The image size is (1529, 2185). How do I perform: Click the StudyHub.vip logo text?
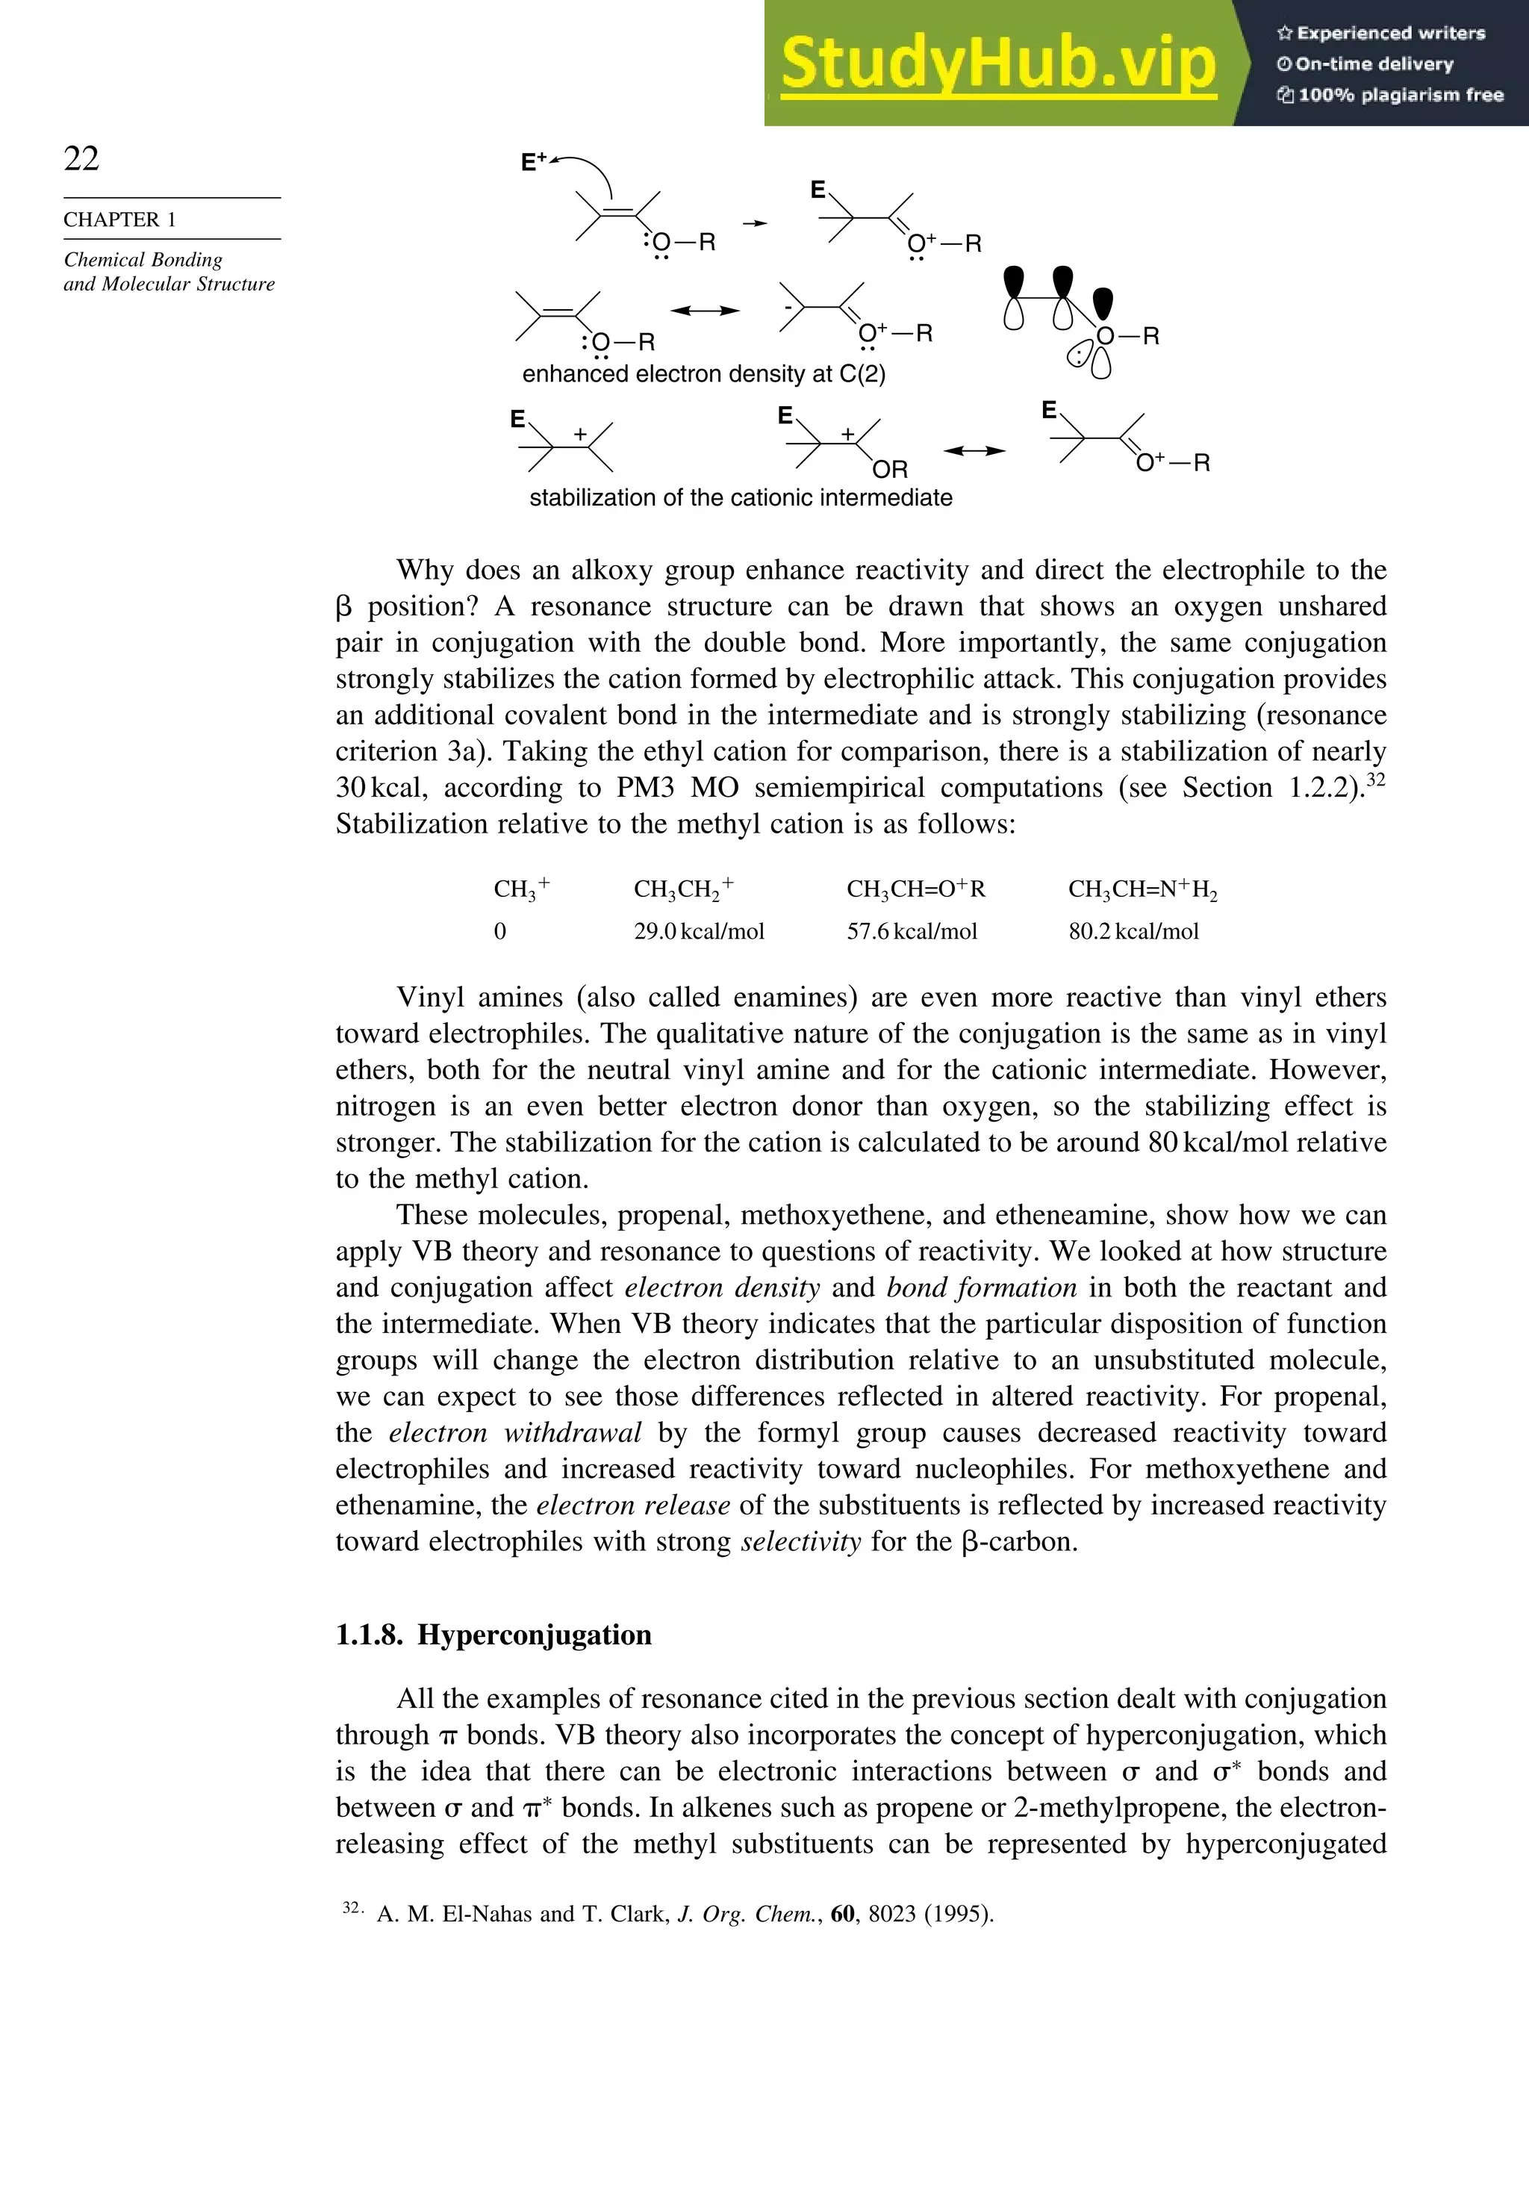(997, 63)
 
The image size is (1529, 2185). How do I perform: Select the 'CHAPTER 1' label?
(120, 220)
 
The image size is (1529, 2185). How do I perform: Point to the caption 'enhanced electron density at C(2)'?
(703, 374)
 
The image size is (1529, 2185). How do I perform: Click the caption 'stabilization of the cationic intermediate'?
(741, 498)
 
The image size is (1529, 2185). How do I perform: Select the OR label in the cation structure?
(890, 469)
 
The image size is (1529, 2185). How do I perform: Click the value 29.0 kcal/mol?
(698, 932)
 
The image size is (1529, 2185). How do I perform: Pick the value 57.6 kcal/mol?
(912, 932)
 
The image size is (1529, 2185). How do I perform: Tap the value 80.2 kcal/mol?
(1133, 932)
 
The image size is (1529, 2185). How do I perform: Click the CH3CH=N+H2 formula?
(1142, 890)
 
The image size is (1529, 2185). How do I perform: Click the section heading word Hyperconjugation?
(534, 1635)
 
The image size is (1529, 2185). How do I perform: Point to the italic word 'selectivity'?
(800, 1542)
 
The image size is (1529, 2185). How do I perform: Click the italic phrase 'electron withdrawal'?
(514, 1433)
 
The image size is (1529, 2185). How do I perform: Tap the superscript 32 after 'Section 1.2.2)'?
(1375, 780)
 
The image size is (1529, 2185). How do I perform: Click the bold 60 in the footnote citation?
(842, 1914)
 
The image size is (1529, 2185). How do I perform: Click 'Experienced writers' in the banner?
(1390, 34)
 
